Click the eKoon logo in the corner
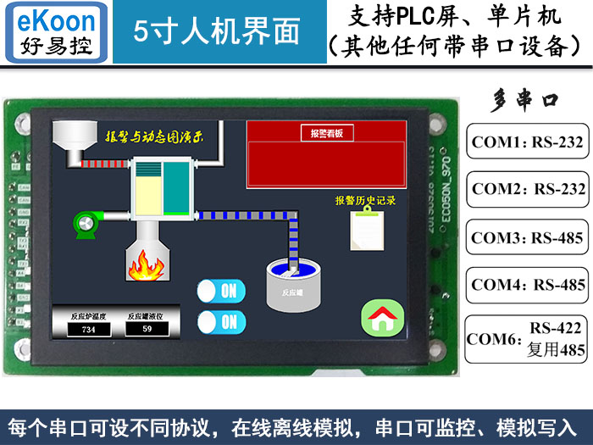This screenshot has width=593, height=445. point(56,32)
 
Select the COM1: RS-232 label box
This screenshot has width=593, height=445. point(528,142)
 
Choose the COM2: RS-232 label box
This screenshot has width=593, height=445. point(528,188)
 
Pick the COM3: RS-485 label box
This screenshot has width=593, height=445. point(528,238)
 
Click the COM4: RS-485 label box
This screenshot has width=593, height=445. point(528,285)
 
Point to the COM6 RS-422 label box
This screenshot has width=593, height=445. point(528,338)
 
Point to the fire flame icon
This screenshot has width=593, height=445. point(145,265)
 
